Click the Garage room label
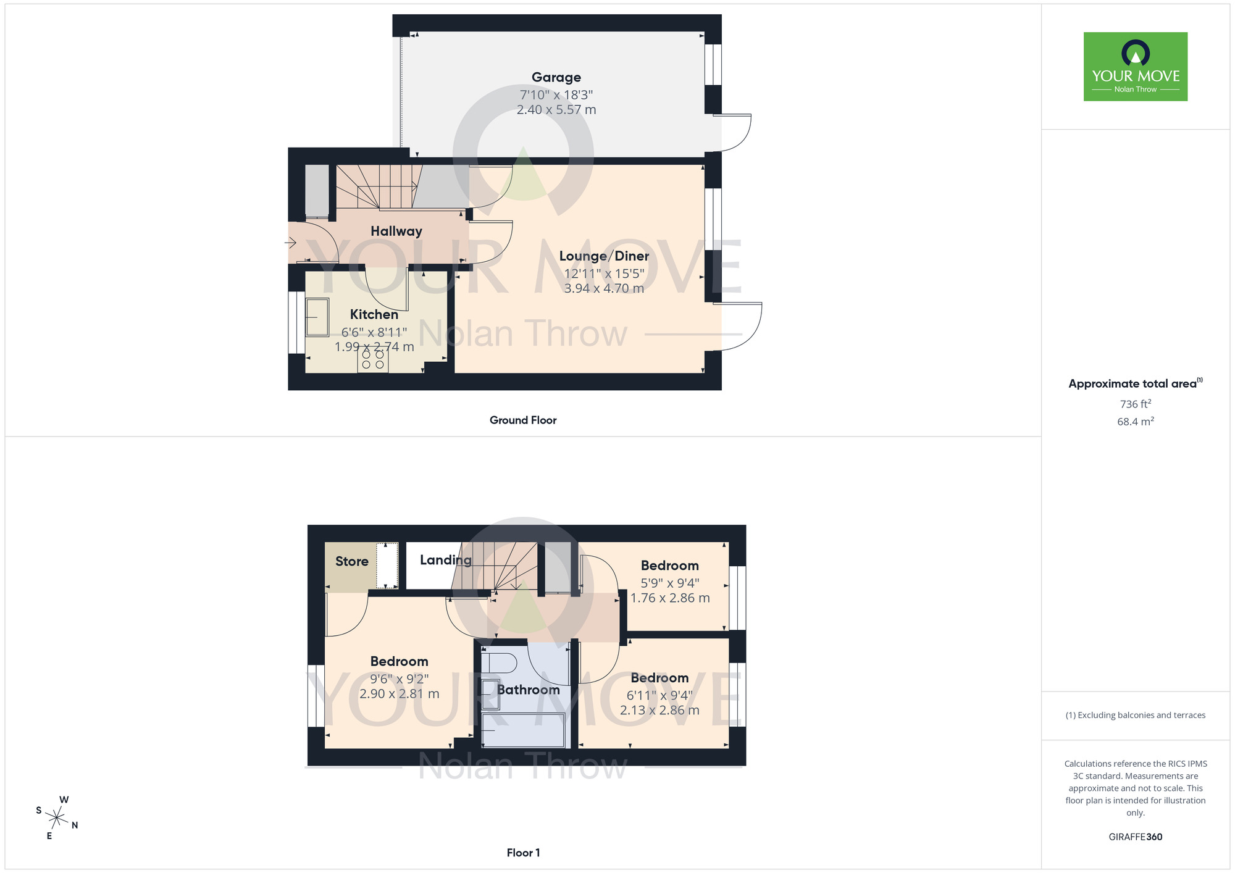click(556, 77)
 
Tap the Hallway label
click(396, 231)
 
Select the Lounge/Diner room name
click(603, 256)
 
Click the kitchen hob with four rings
click(372, 360)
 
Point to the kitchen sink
click(317, 317)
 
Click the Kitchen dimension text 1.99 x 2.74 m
click(374, 347)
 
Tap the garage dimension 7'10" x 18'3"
click(556, 94)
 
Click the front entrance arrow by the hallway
click(290, 243)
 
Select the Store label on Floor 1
click(351, 561)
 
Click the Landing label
click(445, 560)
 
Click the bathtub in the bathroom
click(523, 730)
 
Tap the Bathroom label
click(528, 690)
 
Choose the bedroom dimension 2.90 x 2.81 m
click(399, 694)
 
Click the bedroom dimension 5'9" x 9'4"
click(669, 582)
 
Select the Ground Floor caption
click(522, 420)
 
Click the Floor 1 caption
click(522, 853)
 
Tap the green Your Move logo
click(1135, 67)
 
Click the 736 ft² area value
click(1135, 404)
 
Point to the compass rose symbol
click(56, 818)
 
